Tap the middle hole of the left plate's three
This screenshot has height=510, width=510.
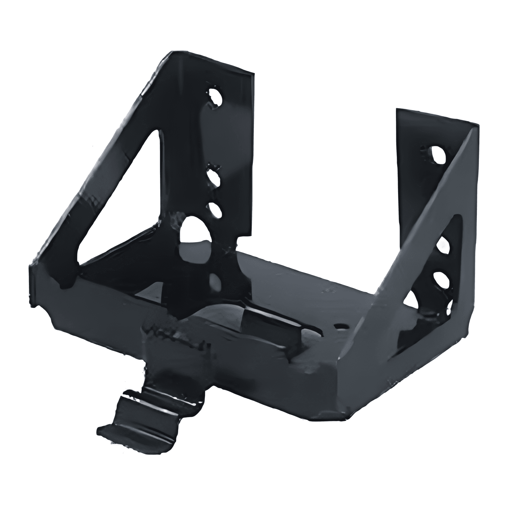point(213,177)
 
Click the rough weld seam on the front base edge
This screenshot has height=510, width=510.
point(173,334)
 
